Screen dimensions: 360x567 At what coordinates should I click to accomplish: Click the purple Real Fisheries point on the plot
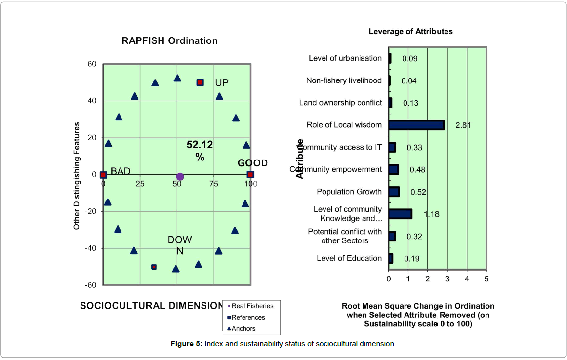(x=180, y=177)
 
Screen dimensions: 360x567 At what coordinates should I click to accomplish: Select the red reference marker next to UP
(x=200, y=82)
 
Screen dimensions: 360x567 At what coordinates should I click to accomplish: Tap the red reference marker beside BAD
(x=103, y=175)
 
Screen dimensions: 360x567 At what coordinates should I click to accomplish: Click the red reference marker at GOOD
(x=250, y=174)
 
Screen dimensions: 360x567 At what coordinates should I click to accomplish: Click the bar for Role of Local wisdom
(x=416, y=125)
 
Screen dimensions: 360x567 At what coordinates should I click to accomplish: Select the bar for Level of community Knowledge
(x=400, y=214)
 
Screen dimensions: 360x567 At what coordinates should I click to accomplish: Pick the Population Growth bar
(x=394, y=192)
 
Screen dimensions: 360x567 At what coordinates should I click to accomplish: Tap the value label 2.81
(x=463, y=125)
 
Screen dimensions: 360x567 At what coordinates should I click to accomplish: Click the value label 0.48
(x=418, y=170)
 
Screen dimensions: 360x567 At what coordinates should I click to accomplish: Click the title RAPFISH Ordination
(x=170, y=40)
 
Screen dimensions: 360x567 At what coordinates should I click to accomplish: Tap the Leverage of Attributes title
(x=411, y=31)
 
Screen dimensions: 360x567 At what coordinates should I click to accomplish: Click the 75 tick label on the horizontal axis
(x=214, y=184)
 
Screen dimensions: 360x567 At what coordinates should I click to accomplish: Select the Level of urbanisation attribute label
(x=345, y=58)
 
